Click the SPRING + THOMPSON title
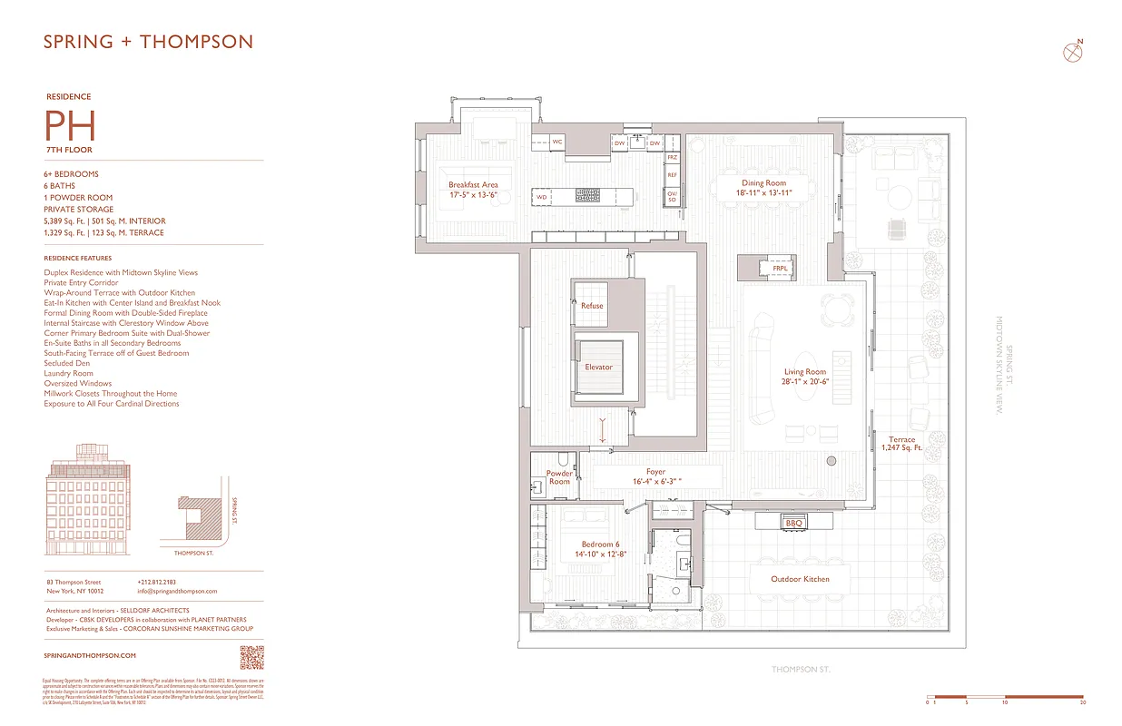[x=149, y=42]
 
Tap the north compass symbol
[x=1074, y=52]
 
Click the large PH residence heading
[x=70, y=125]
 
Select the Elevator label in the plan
[x=598, y=368]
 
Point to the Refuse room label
[x=592, y=306]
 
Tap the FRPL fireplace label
[x=780, y=270]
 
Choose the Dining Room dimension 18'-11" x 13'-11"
[x=763, y=193]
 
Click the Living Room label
[x=804, y=372]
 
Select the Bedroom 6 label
[x=600, y=544]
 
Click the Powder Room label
[x=559, y=477]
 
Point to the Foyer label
[x=655, y=472]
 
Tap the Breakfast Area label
[x=473, y=185]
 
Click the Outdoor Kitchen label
[x=800, y=579]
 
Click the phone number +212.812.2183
[x=157, y=582]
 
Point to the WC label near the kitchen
[x=557, y=142]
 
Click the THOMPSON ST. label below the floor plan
[x=801, y=670]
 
